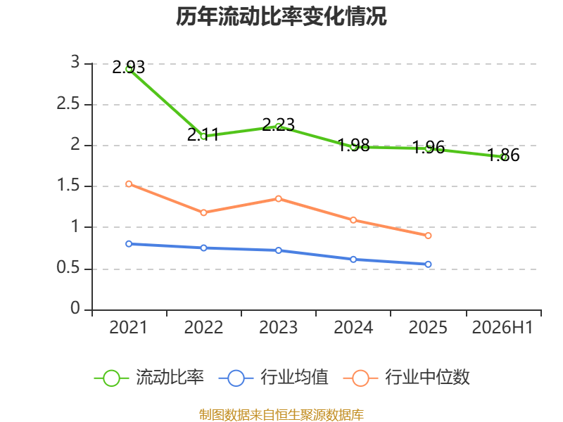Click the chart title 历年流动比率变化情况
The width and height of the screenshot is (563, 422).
coord(281,16)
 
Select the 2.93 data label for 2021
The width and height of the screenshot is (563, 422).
coord(129,68)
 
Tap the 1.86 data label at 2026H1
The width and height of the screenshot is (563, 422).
coord(503,155)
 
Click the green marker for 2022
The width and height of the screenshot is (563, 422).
coord(203,136)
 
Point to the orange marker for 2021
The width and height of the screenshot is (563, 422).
coord(129,184)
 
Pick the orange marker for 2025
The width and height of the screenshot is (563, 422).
coord(428,236)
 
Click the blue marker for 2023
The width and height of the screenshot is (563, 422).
coord(278,250)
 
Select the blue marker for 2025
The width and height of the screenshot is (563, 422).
coord(428,264)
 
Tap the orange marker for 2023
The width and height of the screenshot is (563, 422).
coord(278,198)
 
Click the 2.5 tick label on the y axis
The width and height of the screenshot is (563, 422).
coord(68,103)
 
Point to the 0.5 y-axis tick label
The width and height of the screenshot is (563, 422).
coord(68,267)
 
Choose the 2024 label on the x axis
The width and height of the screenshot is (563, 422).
coord(353,327)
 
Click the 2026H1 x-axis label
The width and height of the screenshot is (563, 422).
coord(502,327)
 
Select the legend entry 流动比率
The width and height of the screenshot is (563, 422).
coord(149,378)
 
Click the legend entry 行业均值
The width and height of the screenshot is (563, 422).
coord(274,378)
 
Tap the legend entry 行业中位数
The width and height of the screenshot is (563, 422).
coord(407,378)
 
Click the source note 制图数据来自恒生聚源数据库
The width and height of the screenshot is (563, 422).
coord(281,414)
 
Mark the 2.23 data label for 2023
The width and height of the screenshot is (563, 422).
coord(278,125)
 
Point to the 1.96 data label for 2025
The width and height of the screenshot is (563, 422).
coord(429,148)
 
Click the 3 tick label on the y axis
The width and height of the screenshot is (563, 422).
coord(75,62)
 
